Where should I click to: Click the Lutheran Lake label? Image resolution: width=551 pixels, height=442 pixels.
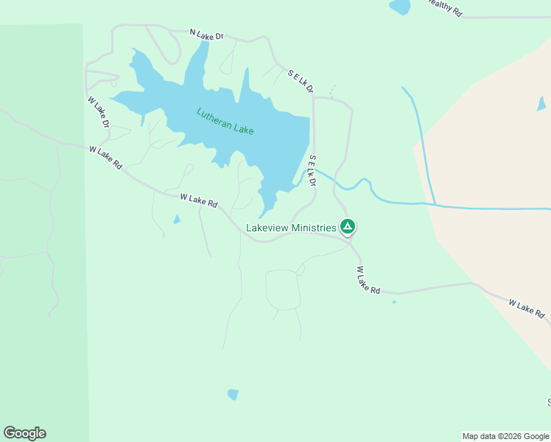click(225, 122)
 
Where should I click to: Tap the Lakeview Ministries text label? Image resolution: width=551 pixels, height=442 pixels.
click(290, 228)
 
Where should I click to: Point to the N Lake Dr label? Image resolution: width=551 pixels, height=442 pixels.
click(206, 34)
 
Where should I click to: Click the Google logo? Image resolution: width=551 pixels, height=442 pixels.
click(24, 433)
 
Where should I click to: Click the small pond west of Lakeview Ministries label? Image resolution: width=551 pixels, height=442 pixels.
click(176, 219)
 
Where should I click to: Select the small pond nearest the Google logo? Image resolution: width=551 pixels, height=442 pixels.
click(233, 394)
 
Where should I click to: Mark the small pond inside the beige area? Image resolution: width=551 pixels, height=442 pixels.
click(542, 103)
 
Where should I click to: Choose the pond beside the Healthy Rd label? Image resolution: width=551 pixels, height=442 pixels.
click(400, 7)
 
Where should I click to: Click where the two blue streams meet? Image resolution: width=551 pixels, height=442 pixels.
click(435, 204)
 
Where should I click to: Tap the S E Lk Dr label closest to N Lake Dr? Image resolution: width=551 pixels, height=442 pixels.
click(301, 82)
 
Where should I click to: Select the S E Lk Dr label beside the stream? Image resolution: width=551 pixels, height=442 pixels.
click(312, 170)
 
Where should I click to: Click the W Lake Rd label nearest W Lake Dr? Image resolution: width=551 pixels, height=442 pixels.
click(105, 158)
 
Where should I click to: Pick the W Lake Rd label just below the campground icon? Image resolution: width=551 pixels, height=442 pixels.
click(368, 281)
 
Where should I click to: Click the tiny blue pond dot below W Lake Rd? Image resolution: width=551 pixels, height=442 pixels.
click(394, 301)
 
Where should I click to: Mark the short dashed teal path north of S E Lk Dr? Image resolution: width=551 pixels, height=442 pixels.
click(332, 91)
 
